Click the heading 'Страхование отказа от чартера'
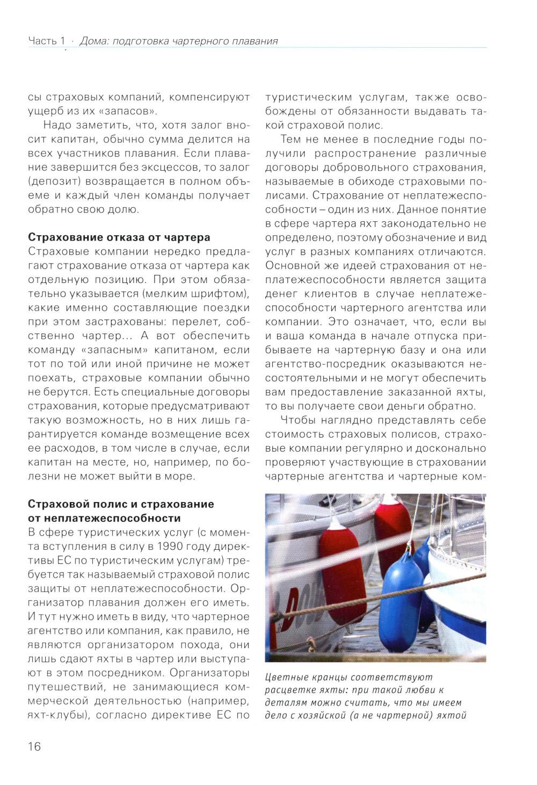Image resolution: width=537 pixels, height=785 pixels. [119, 237]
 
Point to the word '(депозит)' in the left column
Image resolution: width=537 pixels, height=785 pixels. [53, 181]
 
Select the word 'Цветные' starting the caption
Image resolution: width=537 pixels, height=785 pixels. [285, 678]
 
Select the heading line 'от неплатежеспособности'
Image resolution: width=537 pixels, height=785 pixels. [104, 518]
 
